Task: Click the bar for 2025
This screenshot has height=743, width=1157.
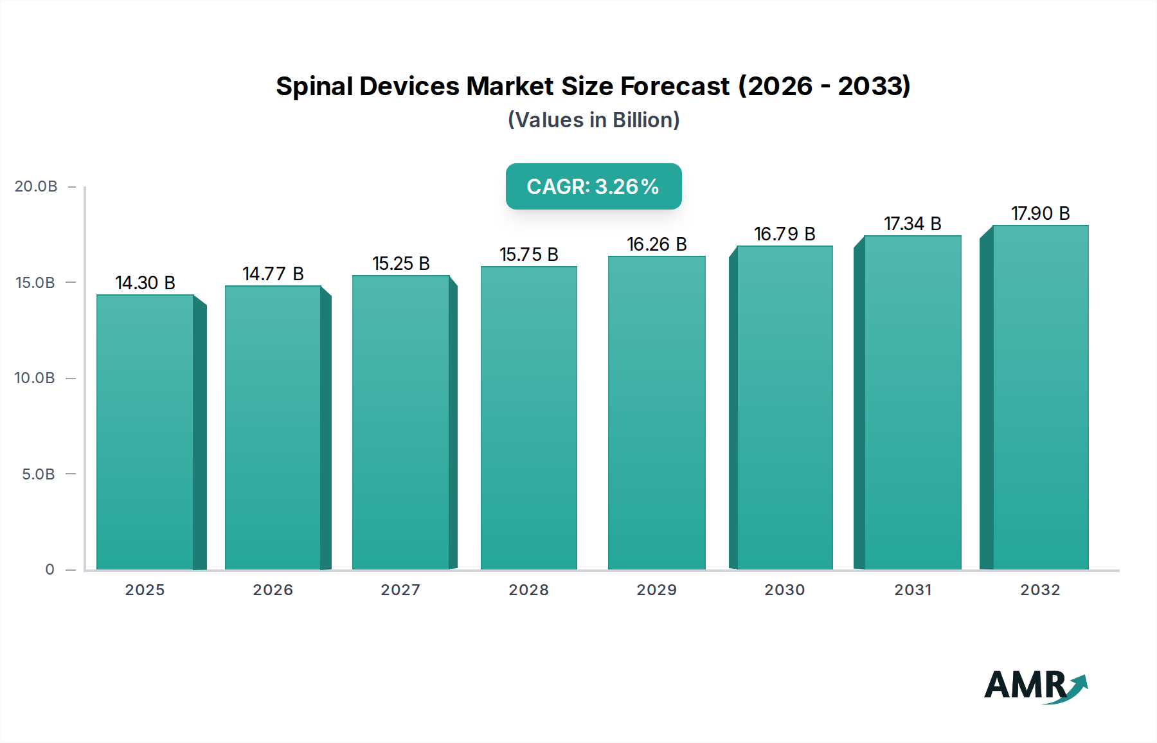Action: [x=145, y=432]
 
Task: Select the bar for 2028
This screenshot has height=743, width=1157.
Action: [x=528, y=418]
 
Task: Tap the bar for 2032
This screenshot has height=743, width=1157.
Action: [x=1040, y=397]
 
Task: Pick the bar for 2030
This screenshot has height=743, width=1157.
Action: [x=784, y=407]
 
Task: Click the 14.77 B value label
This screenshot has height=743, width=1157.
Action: [x=273, y=274]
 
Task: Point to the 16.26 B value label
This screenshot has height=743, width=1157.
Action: [x=656, y=244]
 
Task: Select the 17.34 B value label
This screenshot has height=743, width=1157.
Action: [x=912, y=224]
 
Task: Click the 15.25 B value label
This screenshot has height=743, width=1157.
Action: [x=400, y=264]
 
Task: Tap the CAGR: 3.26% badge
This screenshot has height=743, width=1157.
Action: [x=593, y=186]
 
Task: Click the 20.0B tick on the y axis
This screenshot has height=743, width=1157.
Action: [x=36, y=186]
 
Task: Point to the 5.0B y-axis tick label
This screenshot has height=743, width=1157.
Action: [x=39, y=474]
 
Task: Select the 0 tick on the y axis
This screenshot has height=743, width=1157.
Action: [x=49, y=569]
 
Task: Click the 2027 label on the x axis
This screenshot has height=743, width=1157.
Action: [x=400, y=590]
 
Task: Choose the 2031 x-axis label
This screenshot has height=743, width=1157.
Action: [x=913, y=590]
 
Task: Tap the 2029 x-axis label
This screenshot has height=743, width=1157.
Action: [x=656, y=590]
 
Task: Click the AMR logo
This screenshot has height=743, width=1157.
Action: [x=1035, y=686]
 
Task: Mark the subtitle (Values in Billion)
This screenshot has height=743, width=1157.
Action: [x=593, y=120]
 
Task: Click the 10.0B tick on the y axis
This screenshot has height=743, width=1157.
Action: [x=35, y=378]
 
